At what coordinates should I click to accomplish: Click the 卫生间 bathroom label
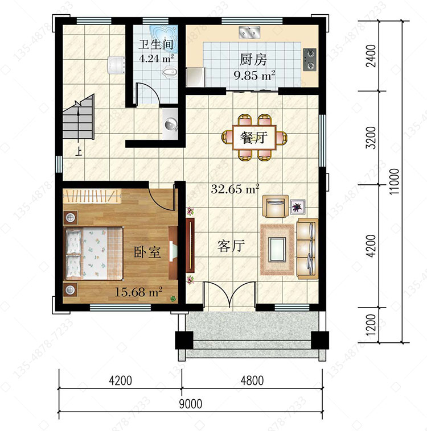(x=156, y=44)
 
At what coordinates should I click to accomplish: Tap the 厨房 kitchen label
(x=253, y=59)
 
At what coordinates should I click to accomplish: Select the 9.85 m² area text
(x=254, y=75)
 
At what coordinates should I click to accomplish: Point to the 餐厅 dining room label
(x=253, y=137)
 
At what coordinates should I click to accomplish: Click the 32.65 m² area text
(x=235, y=189)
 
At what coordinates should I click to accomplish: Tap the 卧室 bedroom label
(x=147, y=252)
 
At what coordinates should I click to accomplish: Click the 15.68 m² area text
(x=138, y=292)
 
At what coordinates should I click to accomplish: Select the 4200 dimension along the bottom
(x=120, y=381)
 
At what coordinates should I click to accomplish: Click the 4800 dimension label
(x=252, y=381)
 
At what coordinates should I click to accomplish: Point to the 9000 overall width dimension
(x=191, y=404)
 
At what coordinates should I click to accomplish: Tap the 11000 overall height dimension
(x=395, y=181)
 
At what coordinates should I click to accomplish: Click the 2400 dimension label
(x=371, y=56)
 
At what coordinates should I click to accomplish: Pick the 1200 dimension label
(x=371, y=325)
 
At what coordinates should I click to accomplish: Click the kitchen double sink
(x=249, y=32)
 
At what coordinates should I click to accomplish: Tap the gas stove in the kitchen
(x=310, y=59)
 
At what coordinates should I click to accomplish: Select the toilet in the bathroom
(x=169, y=73)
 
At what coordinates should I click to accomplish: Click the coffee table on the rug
(x=277, y=250)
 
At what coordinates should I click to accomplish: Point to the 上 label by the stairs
(x=79, y=151)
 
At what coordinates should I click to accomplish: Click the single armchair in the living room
(x=276, y=206)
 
